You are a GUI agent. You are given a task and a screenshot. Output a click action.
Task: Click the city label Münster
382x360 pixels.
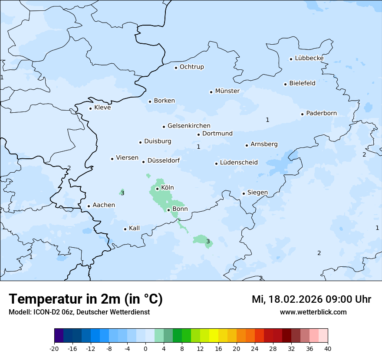(227, 91)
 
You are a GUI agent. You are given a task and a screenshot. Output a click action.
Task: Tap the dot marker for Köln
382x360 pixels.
(157, 189)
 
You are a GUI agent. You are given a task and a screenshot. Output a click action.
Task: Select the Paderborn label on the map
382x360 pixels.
(321, 114)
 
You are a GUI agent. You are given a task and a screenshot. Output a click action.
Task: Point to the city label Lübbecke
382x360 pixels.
(309, 59)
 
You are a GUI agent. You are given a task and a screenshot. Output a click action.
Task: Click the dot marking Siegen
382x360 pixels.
(244, 193)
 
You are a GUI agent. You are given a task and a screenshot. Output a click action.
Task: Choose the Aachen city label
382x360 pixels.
(104, 205)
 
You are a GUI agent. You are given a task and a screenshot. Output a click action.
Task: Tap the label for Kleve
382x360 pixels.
(102, 108)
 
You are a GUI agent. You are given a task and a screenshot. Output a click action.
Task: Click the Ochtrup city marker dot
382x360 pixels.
(176, 68)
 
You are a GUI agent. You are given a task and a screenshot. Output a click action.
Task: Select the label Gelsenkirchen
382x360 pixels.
(189, 126)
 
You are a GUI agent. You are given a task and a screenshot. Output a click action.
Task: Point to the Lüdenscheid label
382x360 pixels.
(239, 163)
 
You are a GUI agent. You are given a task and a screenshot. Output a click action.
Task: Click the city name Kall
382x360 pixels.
(135, 228)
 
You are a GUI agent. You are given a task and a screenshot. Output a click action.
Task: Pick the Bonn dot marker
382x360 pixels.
(169, 210)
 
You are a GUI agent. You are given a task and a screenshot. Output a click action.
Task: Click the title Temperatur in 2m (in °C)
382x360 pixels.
(86, 299)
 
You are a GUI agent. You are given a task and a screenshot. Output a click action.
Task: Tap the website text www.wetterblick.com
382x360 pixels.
(313, 312)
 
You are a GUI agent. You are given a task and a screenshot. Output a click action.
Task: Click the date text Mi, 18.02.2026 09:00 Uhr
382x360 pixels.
(311, 299)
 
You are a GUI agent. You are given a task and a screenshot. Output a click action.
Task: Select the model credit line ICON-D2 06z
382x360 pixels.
(79, 312)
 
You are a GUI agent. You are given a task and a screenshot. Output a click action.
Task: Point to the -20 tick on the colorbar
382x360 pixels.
(54, 348)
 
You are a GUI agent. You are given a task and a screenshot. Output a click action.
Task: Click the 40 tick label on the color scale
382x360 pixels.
(328, 348)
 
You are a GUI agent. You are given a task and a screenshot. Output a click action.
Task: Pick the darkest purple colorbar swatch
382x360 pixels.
(59, 336)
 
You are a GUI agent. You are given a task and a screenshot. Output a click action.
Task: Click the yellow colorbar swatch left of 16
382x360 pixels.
(214, 336)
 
